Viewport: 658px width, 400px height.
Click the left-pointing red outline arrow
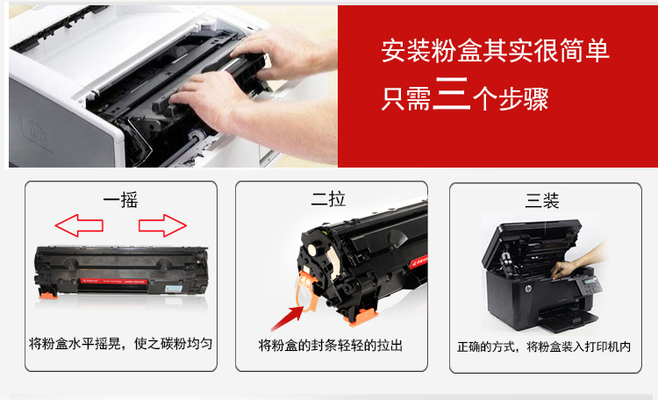pyautogui.click(x=79, y=225)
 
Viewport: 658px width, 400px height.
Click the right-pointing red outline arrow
pyautogui.click(x=162, y=225)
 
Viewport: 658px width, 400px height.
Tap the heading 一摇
pyautogui.click(x=121, y=200)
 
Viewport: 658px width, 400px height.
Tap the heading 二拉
pyautogui.click(x=328, y=199)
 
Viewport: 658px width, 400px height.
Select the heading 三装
pyautogui.click(x=542, y=201)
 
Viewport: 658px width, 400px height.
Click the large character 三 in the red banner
pyautogui.click(x=452, y=93)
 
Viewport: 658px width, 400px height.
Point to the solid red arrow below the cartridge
pyautogui.click(x=288, y=318)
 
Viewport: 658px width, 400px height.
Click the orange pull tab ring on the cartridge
pyautogui.click(x=307, y=292)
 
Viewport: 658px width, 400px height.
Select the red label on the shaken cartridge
pyautogui.click(x=114, y=281)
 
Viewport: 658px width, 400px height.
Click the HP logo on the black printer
pyautogui.click(x=528, y=289)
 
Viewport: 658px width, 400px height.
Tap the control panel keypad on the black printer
pyautogui.click(x=590, y=286)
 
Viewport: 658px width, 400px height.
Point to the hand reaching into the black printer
pyautogui.click(x=578, y=261)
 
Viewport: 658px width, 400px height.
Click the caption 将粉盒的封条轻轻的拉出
pyautogui.click(x=331, y=346)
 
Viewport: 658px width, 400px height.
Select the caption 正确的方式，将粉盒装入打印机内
pyautogui.click(x=544, y=346)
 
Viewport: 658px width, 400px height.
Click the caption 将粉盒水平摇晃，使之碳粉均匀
pyautogui.click(x=121, y=344)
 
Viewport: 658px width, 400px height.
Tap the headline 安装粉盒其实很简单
pyautogui.click(x=495, y=51)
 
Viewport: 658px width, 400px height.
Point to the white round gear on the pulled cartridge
pyautogui.click(x=312, y=249)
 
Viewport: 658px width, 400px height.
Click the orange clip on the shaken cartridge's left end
pyautogui.click(x=48, y=293)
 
